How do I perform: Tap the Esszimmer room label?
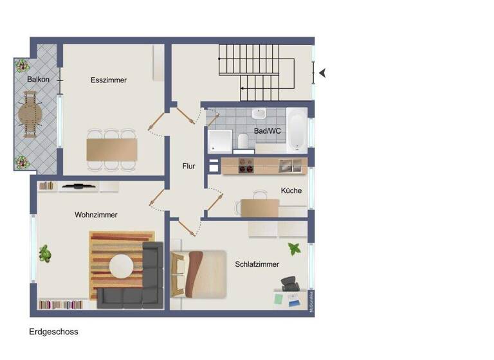point(109,80)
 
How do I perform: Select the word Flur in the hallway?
point(188,166)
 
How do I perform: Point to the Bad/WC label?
point(268,131)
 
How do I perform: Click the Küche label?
point(291,191)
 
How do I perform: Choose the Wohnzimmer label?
point(96,215)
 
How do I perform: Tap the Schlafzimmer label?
point(257,264)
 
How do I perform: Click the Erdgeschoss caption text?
point(53,332)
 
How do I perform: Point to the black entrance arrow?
point(322,73)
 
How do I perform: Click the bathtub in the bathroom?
point(297,130)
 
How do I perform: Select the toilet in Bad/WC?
point(243,141)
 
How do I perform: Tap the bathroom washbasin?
point(259,114)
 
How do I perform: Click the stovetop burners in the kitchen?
point(246,166)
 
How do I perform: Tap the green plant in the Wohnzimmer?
point(44,253)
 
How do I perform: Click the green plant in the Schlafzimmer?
point(294,249)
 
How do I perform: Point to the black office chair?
point(289,283)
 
